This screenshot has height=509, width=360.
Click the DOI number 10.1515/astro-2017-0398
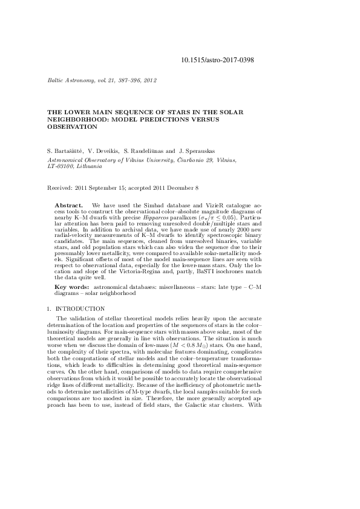pyautogui.click(x=217, y=60)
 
